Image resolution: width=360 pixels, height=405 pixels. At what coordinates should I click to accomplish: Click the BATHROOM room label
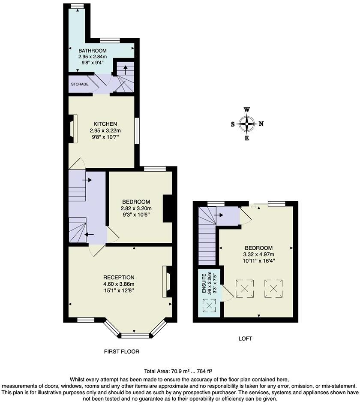(x=92, y=51)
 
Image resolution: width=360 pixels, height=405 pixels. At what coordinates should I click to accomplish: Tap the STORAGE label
(x=80, y=84)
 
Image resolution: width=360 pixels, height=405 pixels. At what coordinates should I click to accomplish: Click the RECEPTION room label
(x=119, y=278)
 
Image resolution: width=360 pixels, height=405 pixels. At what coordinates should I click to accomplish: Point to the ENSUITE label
(x=204, y=284)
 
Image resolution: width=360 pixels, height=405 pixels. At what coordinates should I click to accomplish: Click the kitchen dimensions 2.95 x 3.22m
(x=105, y=130)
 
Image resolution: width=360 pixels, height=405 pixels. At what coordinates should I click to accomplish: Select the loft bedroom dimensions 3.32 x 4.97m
(x=258, y=254)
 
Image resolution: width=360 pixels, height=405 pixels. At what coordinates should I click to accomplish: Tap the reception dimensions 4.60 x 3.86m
(x=119, y=284)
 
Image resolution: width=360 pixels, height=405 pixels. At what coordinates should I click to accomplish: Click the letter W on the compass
(x=247, y=109)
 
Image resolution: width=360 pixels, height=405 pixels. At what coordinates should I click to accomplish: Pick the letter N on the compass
(x=261, y=124)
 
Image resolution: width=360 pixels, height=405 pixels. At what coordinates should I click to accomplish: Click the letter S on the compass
(x=233, y=124)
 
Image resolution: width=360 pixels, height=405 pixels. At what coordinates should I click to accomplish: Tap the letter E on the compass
(x=246, y=138)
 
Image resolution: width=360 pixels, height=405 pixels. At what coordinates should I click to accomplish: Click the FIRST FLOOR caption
(x=122, y=351)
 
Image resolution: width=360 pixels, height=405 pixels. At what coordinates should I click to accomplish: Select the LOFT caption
(x=245, y=339)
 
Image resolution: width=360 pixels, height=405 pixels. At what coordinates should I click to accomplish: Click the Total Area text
(x=180, y=371)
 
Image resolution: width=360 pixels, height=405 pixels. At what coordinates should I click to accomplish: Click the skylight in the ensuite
(x=209, y=306)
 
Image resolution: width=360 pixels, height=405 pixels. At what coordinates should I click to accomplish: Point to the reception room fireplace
(x=167, y=281)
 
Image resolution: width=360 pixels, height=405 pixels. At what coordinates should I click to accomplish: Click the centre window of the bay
(x=135, y=335)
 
